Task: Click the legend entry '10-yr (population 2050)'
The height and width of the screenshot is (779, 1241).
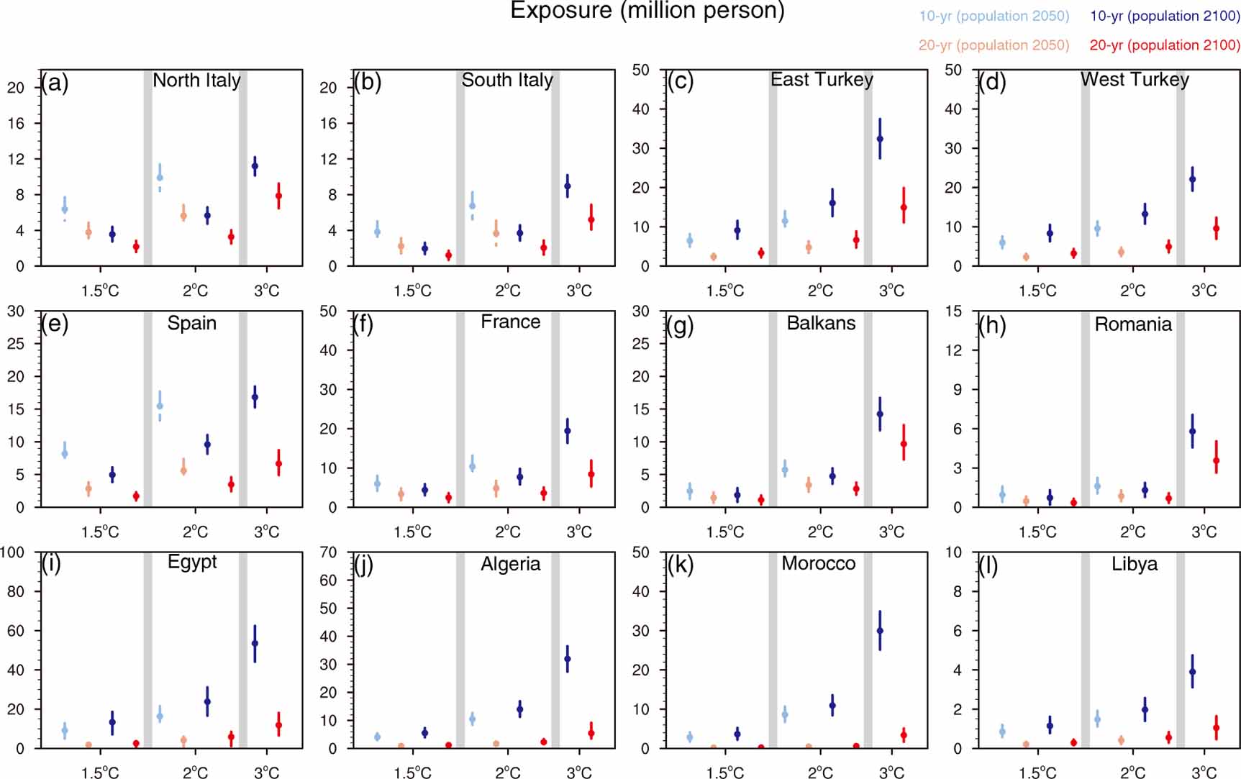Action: pos(994,16)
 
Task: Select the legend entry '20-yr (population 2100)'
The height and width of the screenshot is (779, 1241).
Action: pos(1164,45)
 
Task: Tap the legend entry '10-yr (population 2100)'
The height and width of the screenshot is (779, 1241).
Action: pos(1164,16)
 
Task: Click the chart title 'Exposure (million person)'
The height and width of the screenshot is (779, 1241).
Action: pos(647,11)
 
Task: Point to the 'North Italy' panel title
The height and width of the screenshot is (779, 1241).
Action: pos(196,80)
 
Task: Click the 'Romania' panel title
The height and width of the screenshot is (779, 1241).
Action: pos(1133,324)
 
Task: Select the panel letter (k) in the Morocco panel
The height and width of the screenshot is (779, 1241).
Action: pos(681,565)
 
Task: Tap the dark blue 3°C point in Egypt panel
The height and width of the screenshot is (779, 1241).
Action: pos(255,643)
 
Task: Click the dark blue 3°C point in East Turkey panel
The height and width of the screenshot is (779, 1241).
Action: pos(880,139)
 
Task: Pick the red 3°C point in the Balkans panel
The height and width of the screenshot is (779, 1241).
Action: pos(904,445)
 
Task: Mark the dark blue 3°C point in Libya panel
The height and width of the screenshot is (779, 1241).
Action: pos(1192,672)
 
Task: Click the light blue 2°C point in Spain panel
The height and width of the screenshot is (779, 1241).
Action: pos(160,406)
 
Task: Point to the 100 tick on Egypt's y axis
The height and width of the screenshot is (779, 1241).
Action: pos(12,552)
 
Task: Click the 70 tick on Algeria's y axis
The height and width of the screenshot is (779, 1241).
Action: pos(328,552)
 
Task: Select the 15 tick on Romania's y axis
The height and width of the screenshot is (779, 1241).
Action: pos(953,311)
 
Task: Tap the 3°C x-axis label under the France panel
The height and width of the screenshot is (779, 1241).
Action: pos(578,532)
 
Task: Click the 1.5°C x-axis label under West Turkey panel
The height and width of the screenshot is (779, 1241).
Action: pos(1037,291)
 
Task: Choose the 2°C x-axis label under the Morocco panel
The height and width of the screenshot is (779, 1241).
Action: pos(820,773)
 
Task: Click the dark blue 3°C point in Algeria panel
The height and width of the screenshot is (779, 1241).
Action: pos(567,658)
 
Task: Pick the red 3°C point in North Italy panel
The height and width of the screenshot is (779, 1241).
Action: pos(278,196)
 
